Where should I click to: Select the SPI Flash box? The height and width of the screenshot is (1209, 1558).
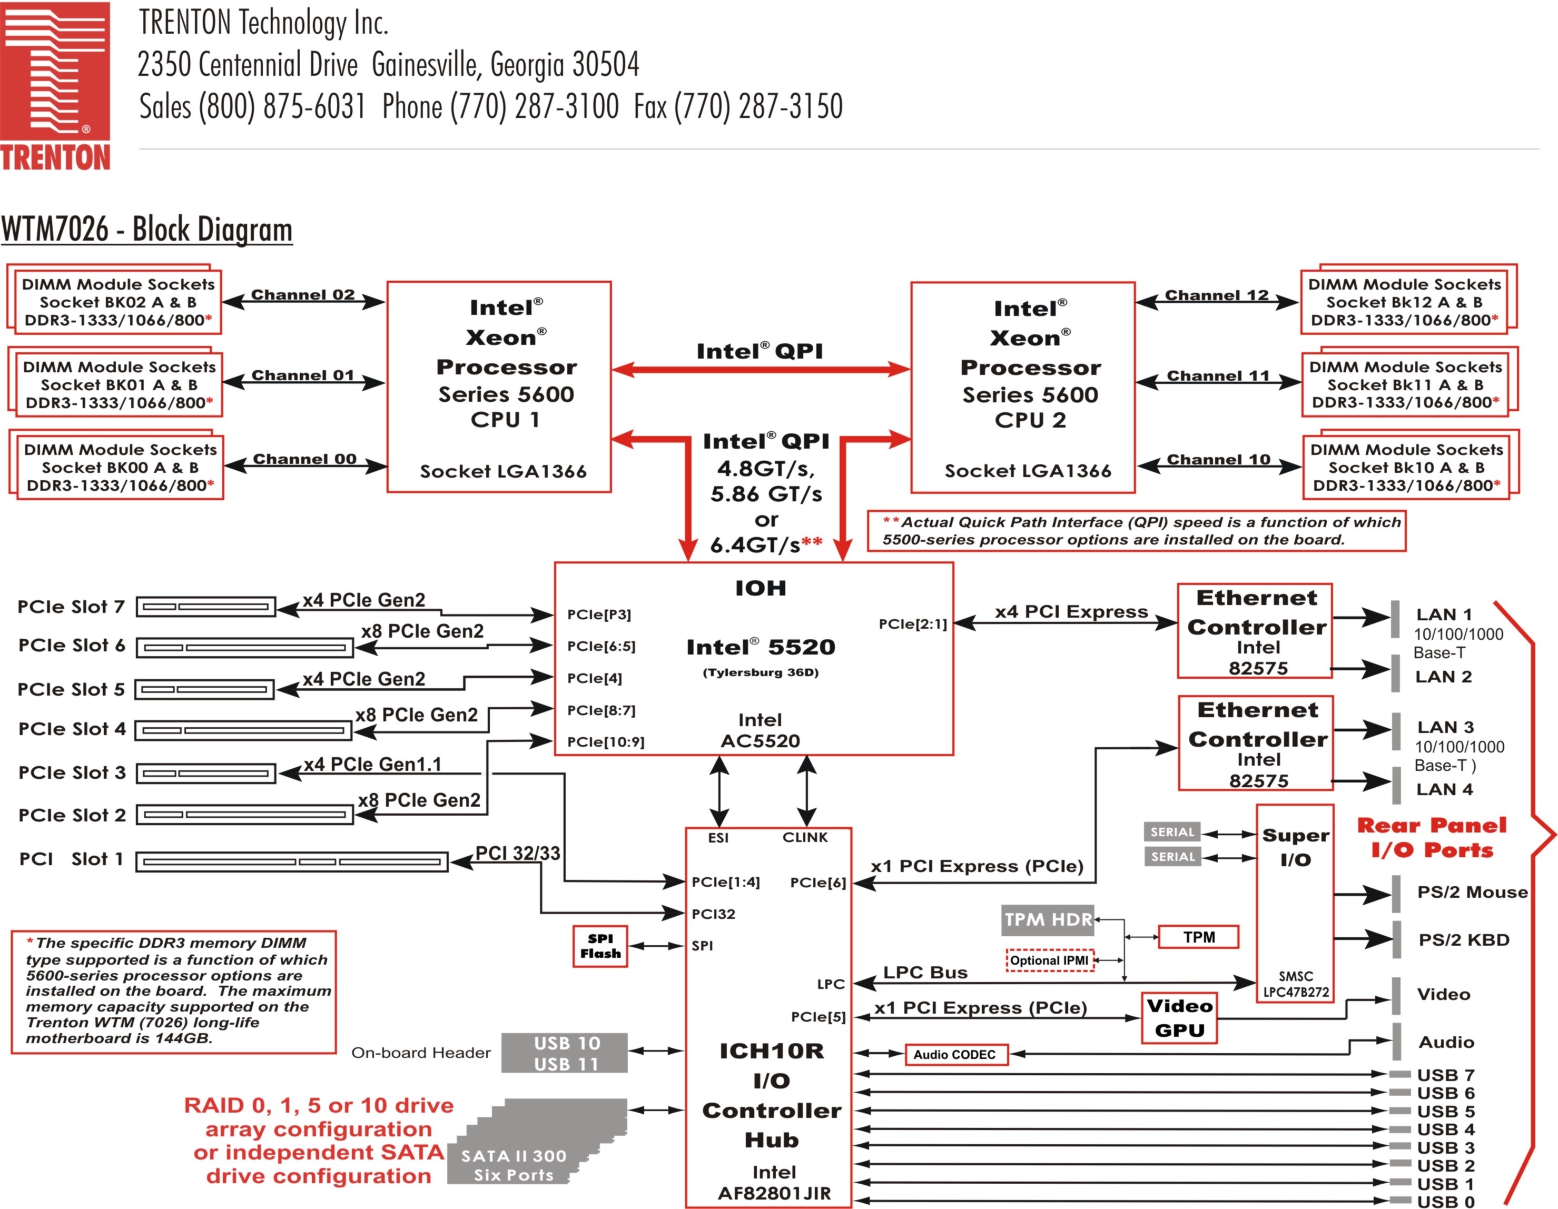click(x=600, y=946)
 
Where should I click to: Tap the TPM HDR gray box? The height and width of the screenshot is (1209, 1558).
click(x=1047, y=919)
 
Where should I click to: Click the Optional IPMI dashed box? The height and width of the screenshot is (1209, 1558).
click(x=1049, y=960)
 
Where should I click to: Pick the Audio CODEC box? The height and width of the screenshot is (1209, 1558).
click(x=956, y=1054)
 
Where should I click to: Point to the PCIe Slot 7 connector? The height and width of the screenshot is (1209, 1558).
click(x=205, y=607)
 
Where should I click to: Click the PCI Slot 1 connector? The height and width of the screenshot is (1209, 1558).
click(x=292, y=861)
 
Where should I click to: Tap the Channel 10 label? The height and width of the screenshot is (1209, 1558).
click(x=1218, y=459)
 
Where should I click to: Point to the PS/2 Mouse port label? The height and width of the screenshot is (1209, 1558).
click(x=1472, y=893)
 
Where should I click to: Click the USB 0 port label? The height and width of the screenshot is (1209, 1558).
click(x=1445, y=1201)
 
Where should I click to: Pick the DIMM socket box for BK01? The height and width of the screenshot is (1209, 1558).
click(x=119, y=385)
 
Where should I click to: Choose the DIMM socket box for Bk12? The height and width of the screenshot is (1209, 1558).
click(x=1404, y=302)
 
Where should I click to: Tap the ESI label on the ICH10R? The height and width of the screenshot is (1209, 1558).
click(x=718, y=837)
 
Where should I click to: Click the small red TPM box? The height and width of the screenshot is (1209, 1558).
click(x=1198, y=937)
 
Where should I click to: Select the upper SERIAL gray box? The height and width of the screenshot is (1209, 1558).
click(x=1172, y=831)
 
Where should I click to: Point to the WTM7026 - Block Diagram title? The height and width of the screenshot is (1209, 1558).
click(x=147, y=230)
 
